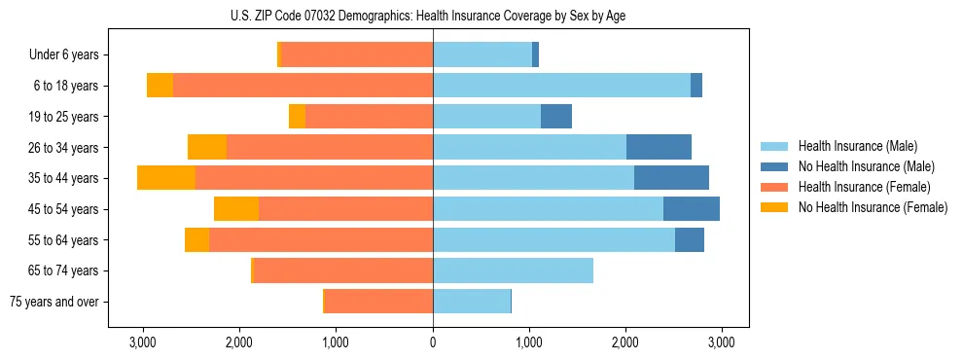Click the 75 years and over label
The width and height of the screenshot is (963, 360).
[53, 302]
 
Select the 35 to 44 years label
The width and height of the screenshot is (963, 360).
[64, 178]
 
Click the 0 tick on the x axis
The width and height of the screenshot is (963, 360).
[433, 342]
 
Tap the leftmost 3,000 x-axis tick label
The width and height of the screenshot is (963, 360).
[143, 342]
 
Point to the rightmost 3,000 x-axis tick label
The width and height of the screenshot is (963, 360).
[721, 342]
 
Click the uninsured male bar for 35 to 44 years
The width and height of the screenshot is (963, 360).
[671, 178]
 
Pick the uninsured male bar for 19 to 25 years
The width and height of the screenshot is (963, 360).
[556, 117]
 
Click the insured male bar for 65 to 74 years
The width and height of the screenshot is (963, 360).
[513, 270]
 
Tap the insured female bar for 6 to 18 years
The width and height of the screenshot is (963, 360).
[303, 86]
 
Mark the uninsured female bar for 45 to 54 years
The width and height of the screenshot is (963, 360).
[236, 209]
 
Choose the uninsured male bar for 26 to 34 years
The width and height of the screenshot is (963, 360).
[659, 148]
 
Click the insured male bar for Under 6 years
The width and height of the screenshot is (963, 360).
[482, 55]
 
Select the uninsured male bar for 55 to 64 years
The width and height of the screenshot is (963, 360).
[690, 240]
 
